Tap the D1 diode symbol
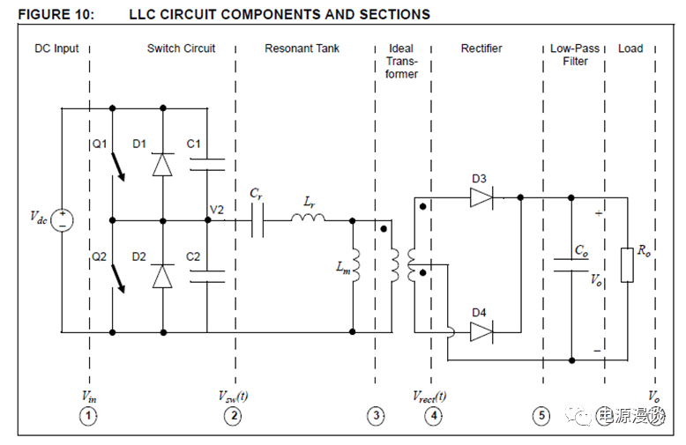pos(161,165)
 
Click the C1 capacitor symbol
pos(207,163)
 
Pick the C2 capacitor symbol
pos(207,275)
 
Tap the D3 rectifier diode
pos(481,198)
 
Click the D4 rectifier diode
pos(481,331)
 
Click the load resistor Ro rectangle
pos(627,264)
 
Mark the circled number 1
pos(87,416)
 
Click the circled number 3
pos(377,416)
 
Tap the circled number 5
pos(541,416)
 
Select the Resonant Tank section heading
pos(302,48)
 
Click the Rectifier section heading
pos(481,48)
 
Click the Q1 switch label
pos(98,144)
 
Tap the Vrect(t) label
pos(430,397)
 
